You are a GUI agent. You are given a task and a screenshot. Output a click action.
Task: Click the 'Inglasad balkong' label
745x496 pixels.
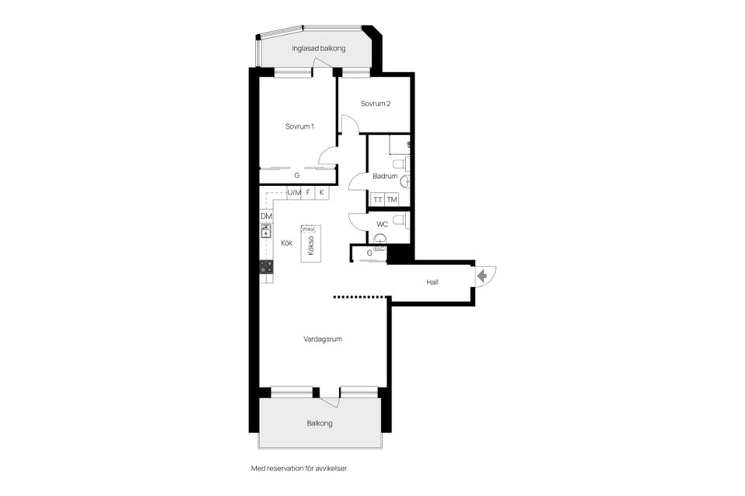pyautogui.click(x=318, y=48)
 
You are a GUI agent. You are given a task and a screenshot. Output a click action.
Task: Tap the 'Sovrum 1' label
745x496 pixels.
pyautogui.click(x=299, y=126)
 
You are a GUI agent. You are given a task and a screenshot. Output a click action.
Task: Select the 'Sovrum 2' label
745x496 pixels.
pyautogui.click(x=376, y=104)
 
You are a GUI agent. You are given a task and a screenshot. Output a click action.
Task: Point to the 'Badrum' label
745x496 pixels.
pyautogui.click(x=385, y=176)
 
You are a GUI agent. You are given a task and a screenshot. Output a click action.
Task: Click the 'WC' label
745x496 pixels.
pyautogui.click(x=382, y=225)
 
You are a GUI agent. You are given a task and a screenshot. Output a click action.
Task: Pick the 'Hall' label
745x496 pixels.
pyautogui.click(x=432, y=282)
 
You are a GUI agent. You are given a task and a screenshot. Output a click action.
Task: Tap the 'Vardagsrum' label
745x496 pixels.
pyautogui.click(x=323, y=339)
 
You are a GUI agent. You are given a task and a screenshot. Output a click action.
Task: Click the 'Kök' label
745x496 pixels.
pyautogui.click(x=286, y=243)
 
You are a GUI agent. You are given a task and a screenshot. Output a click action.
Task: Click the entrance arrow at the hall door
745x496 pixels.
pyautogui.click(x=483, y=275)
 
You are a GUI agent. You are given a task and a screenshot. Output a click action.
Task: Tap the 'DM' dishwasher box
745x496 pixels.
pyautogui.click(x=266, y=216)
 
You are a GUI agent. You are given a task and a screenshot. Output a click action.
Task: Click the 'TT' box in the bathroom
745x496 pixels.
pyautogui.click(x=378, y=200)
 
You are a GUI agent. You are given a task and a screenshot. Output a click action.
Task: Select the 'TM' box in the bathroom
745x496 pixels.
pyautogui.click(x=392, y=200)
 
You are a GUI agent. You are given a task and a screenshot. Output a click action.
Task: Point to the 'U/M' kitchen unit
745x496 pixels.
pyautogui.click(x=294, y=192)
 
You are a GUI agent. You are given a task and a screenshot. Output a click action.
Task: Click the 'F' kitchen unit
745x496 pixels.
pyautogui.click(x=308, y=192)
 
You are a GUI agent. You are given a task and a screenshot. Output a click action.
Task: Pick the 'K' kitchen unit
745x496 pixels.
pyautogui.click(x=321, y=192)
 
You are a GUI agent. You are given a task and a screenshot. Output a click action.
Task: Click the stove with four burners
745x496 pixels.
pyautogui.click(x=266, y=267)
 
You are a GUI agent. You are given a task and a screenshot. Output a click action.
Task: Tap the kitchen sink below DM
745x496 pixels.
pyautogui.click(x=266, y=230)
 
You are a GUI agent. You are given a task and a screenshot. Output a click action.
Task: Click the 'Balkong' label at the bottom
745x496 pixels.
pyautogui.click(x=320, y=423)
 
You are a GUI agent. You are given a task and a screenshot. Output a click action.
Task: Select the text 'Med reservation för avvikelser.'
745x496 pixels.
pyautogui.click(x=305, y=468)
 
